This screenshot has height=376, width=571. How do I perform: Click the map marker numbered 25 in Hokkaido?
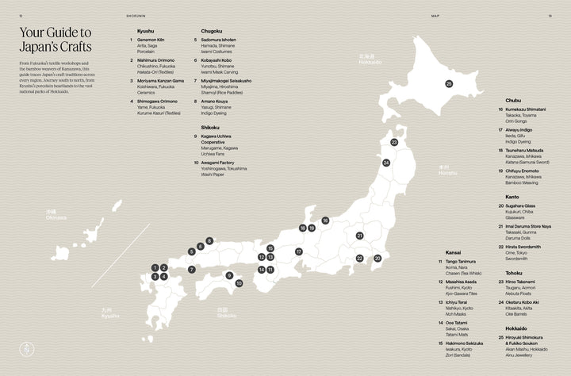click(x=449, y=83)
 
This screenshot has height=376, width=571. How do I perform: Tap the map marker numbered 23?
click(x=394, y=143)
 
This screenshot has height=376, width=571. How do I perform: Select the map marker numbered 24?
click(x=386, y=163)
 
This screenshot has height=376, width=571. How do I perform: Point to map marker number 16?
click(x=325, y=221)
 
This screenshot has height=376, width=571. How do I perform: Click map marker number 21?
click(x=359, y=236)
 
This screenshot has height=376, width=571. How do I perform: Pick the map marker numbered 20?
click(x=377, y=258)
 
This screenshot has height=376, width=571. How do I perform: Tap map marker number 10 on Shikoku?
click(x=238, y=282)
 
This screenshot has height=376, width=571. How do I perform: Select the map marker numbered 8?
click(x=209, y=240)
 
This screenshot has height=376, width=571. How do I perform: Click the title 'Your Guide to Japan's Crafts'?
click(x=55, y=40)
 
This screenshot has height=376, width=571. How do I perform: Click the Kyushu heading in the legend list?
click(x=146, y=31)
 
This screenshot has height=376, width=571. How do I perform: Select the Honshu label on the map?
click(x=426, y=170)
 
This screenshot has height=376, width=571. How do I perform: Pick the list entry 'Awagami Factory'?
click(x=220, y=162)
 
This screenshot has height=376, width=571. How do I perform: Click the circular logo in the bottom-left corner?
click(x=26, y=349)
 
